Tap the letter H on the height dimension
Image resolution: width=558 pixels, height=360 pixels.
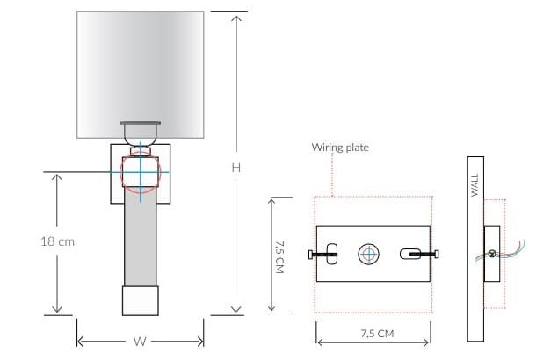[x=236, y=166]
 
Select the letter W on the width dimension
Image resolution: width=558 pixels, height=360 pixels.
[x=140, y=342]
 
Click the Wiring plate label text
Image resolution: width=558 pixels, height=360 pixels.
[x=340, y=148]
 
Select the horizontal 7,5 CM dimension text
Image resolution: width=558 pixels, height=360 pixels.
[x=373, y=334]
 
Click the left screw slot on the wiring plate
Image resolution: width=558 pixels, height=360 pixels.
[x=331, y=252]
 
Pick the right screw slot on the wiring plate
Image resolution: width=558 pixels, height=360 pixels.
[x=410, y=254]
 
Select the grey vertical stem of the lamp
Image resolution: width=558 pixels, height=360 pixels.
[x=140, y=241]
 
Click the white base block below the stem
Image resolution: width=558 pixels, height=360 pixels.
[x=140, y=301]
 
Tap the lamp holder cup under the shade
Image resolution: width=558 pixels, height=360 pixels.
[x=140, y=132]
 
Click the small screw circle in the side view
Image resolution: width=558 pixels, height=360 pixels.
[x=492, y=255]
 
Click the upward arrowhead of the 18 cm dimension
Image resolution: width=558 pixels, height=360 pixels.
[x=59, y=176]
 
